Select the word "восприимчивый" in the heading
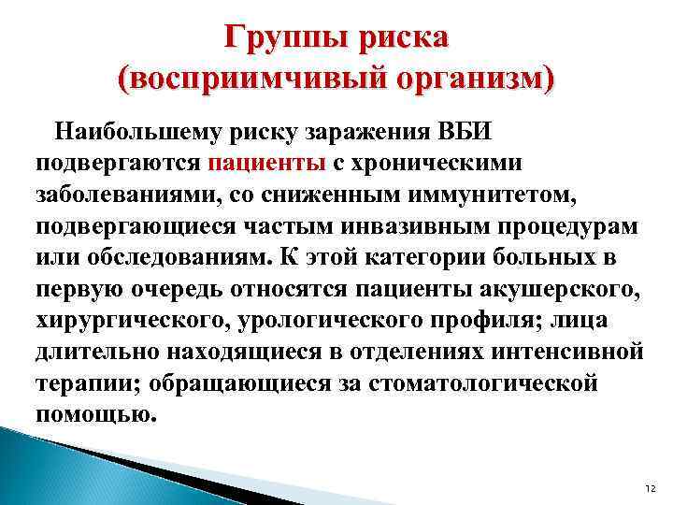[238, 78]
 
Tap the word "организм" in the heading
[453, 78]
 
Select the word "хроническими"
[438, 162]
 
